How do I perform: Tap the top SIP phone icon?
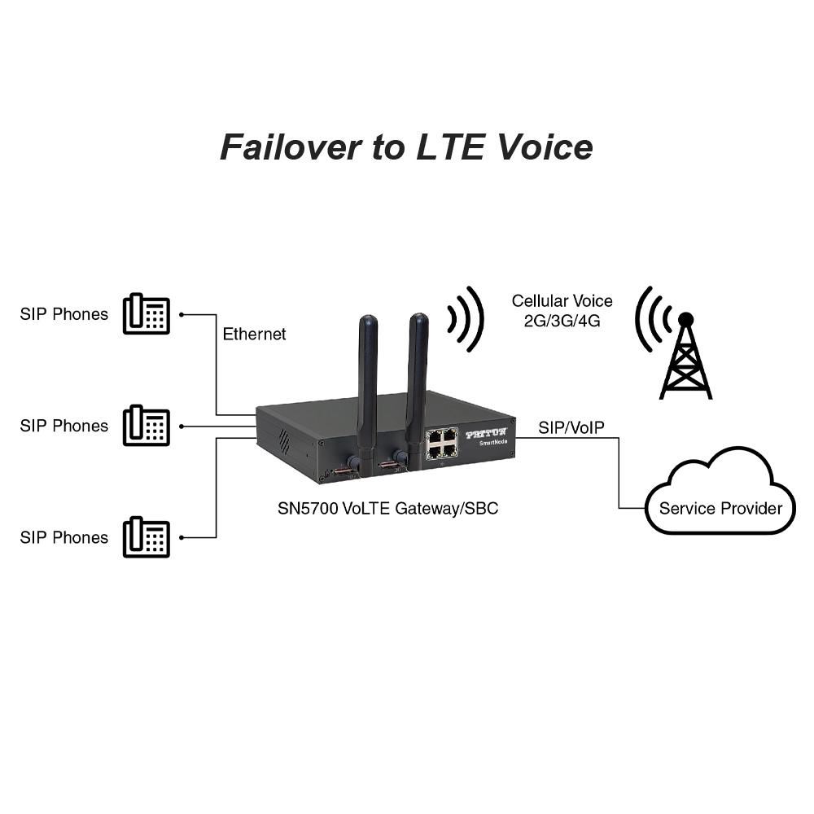tap(147, 314)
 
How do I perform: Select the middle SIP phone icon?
tap(147, 426)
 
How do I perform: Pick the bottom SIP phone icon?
tap(147, 537)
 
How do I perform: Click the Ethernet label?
tap(254, 335)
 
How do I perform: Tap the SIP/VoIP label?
tap(571, 427)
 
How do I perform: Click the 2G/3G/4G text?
tap(562, 321)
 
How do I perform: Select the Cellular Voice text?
tap(562, 301)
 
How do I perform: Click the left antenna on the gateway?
tap(367, 383)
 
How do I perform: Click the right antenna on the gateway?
tap(418, 379)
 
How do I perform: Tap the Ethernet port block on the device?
tap(440, 444)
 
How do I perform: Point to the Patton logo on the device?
tap(486, 435)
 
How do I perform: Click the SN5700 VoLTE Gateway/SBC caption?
tap(387, 509)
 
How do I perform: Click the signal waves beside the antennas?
tap(466, 319)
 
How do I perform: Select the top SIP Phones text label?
tap(63, 314)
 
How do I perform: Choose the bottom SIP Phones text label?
tap(63, 537)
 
